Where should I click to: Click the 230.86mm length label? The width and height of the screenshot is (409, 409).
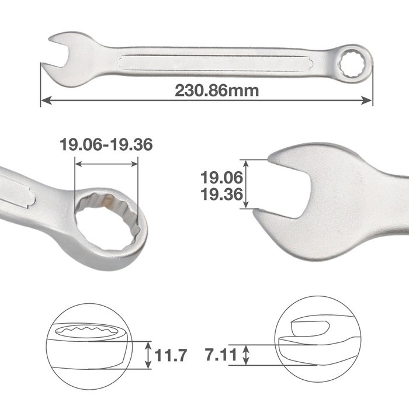tap(217, 91)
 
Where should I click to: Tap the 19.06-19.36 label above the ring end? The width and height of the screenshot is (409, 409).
tap(106, 144)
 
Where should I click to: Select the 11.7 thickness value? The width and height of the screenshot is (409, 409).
tap(171, 355)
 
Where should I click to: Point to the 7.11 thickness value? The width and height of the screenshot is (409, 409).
tap(221, 355)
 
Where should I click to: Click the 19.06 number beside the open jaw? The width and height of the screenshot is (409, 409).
tap(221, 178)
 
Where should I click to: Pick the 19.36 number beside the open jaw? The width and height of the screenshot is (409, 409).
tap(221, 195)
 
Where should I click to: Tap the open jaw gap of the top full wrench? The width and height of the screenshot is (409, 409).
tap(56, 56)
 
